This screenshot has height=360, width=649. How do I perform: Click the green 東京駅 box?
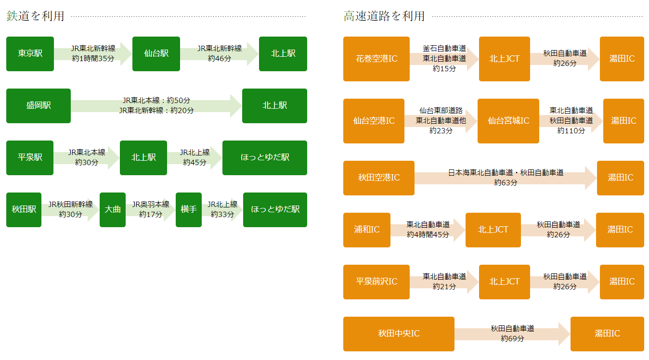point(30,54)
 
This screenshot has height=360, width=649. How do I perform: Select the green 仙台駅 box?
point(156,54)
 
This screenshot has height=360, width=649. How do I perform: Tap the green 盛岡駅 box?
point(39,106)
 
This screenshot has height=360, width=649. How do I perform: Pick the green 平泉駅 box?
point(30,158)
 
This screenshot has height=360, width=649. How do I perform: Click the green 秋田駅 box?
point(24,210)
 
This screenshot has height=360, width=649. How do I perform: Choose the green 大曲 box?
point(113,210)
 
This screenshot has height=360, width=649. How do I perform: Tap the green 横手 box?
point(189,210)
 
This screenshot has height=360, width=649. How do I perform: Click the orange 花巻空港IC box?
point(376,59)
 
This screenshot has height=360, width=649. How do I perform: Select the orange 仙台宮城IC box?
point(508,121)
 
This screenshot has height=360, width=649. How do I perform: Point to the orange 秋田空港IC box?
point(379,178)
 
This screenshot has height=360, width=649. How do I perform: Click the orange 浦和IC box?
point(367,230)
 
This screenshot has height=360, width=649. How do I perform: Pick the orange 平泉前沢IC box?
point(376,282)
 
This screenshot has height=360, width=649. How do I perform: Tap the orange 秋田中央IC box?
point(399,334)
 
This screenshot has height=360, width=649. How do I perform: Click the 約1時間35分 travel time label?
point(93,59)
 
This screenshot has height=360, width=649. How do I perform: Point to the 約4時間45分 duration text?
point(428,234)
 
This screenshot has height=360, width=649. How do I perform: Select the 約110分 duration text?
point(571,130)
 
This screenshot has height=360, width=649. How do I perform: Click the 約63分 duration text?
point(506,183)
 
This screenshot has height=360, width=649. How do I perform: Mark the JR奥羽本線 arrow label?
point(151,205)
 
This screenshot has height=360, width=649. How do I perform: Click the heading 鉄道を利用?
point(35,16)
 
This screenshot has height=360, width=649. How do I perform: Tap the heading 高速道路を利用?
point(384,16)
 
